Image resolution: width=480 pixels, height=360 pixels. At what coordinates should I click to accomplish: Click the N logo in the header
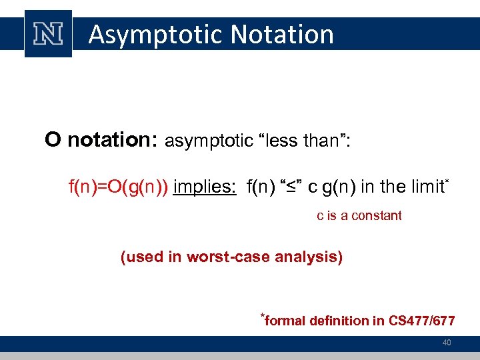(x=48, y=34)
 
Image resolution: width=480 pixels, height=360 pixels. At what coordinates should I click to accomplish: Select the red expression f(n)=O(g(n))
(x=118, y=187)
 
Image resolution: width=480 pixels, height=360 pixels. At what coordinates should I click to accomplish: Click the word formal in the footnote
(x=285, y=321)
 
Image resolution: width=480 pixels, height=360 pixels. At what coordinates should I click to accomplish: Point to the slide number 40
(x=447, y=343)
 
